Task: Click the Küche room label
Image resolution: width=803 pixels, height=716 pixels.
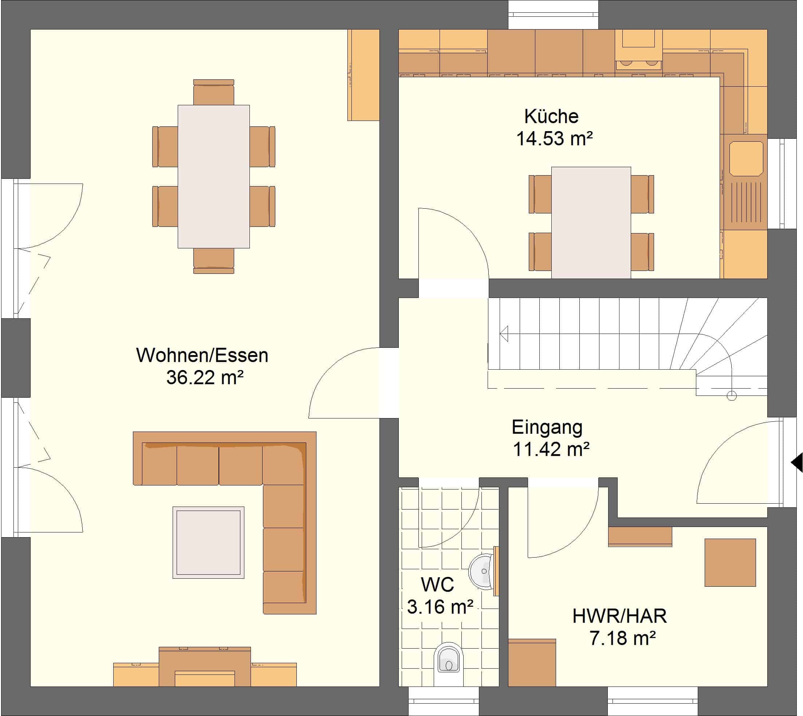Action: tap(551, 117)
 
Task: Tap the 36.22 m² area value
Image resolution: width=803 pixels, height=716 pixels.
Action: tap(205, 377)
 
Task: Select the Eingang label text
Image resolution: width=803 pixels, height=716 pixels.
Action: tap(547, 427)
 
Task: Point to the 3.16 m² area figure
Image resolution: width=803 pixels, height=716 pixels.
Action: tap(440, 607)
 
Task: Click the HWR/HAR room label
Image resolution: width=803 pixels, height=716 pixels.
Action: tap(620, 616)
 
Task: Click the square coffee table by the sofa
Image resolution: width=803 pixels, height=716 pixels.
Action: tap(209, 542)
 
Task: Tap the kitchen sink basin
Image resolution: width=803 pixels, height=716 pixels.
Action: tap(746, 158)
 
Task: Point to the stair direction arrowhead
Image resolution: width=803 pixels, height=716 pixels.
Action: tap(504, 334)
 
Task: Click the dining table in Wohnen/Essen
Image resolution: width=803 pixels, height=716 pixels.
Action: tap(214, 176)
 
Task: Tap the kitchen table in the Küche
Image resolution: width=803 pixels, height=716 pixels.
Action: tap(591, 223)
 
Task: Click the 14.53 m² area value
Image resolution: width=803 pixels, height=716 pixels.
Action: tap(554, 139)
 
